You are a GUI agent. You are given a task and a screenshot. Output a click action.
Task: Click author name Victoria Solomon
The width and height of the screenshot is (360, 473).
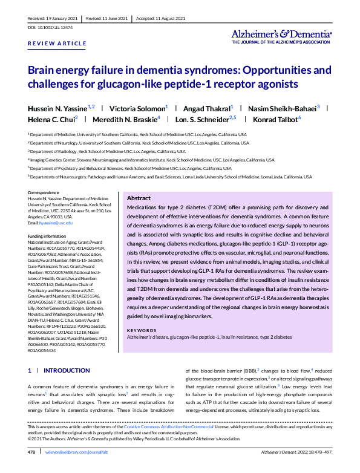(139, 106)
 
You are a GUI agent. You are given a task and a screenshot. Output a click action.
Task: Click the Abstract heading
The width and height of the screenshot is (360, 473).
(139, 198)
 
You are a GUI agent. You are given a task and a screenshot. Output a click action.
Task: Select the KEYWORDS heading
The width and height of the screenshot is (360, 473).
(141, 330)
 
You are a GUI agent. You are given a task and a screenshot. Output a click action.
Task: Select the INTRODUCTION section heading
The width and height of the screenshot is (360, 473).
(67, 370)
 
